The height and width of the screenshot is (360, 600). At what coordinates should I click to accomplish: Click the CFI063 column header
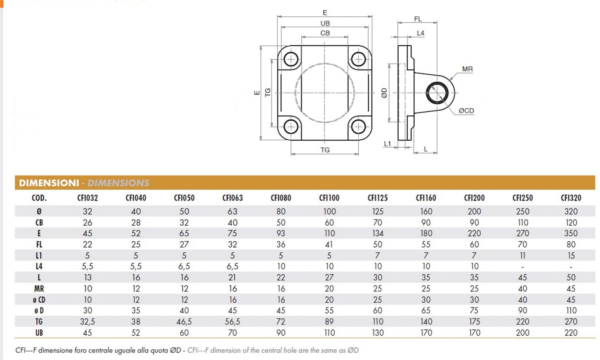click(x=232, y=198)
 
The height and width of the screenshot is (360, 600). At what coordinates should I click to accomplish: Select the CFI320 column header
click(x=571, y=198)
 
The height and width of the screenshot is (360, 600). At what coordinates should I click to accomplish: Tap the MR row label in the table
click(x=39, y=288)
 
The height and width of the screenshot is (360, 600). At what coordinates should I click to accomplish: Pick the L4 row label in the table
click(x=39, y=266)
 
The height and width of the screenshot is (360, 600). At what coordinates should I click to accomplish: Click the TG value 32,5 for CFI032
click(x=87, y=322)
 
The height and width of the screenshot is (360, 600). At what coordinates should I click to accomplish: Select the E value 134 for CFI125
click(x=378, y=233)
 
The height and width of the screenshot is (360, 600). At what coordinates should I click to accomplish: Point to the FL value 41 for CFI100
click(x=329, y=244)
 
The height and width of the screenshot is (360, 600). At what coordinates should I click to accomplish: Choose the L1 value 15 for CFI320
click(x=571, y=256)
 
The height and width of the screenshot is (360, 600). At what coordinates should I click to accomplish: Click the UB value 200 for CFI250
click(x=522, y=333)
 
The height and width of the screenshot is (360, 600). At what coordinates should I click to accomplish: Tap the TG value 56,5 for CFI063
click(x=232, y=322)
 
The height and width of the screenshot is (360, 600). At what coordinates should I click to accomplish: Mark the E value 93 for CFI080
click(x=281, y=233)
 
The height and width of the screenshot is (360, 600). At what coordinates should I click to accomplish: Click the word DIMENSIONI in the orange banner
click(x=49, y=183)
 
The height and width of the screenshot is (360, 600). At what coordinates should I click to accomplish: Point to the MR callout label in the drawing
click(x=467, y=69)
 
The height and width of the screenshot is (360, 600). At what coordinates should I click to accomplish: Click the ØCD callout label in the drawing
click(x=466, y=111)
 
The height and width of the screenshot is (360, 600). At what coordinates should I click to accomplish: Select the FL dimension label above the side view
click(x=418, y=19)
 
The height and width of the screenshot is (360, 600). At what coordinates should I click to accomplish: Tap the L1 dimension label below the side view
click(x=387, y=144)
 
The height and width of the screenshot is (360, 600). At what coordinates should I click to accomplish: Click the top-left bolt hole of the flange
click(x=291, y=60)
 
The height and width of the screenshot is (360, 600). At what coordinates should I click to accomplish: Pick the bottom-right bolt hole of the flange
click(x=359, y=127)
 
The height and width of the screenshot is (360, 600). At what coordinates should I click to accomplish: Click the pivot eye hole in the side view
click(x=437, y=93)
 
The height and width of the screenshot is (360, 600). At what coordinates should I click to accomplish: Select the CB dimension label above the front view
click(x=325, y=33)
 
